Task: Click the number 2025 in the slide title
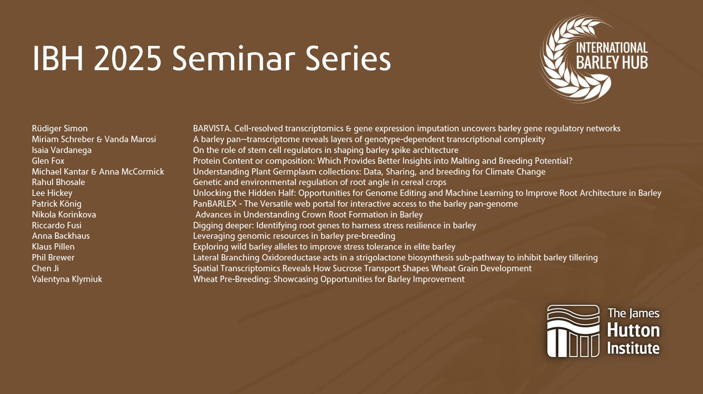(127, 58)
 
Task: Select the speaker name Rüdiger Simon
(60, 128)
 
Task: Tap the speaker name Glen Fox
(48, 161)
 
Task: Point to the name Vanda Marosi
(130, 139)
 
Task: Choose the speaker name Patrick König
(57, 204)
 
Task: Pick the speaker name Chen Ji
(45, 268)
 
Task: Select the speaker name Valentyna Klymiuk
(67, 279)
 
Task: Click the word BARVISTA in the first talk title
(212, 128)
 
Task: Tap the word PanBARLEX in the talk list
(215, 204)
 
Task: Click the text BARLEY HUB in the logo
(612, 63)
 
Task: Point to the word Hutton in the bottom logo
(633, 331)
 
